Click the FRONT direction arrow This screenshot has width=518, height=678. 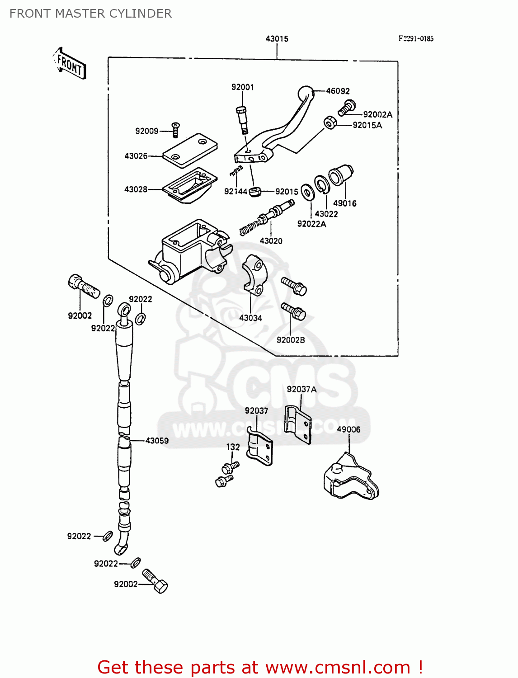click(69, 64)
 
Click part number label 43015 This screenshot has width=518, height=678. click(277, 39)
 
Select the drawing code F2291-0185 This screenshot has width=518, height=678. click(415, 39)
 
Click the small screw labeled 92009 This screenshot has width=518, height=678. click(176, 130)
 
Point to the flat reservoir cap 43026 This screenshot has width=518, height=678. click(190, 148)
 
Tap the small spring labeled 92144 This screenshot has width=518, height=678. click(236, 171)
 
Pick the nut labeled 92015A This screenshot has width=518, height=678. click(330, 122)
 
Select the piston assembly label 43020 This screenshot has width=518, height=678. click(271, 241)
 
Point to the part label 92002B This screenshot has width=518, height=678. click(291, 340)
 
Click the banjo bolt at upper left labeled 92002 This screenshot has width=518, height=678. click(83, 286)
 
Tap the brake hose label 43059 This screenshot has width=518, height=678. click(157, 440)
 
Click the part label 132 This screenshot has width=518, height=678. click(233, 447)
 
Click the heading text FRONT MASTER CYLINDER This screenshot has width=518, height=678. click(90, 14)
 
